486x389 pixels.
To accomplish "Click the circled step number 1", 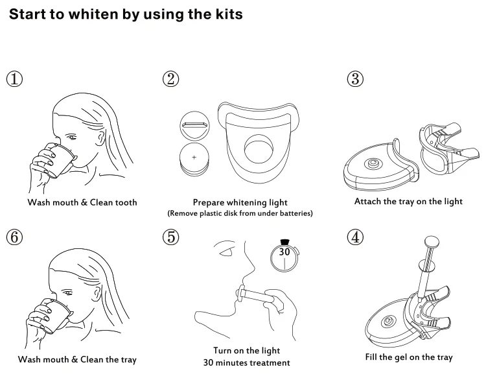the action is pos(14,79).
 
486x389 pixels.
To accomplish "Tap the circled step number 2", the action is pos(171,79).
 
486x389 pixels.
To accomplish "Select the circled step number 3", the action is pos(355,79).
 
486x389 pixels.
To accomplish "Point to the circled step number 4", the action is pos(355,237).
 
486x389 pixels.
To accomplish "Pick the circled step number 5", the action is pos(171,237).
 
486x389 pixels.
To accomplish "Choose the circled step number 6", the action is pos(14,237).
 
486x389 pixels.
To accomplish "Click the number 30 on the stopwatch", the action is pos(284,252).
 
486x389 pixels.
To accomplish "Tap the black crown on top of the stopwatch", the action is pos(284,242).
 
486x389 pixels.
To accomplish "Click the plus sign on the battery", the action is pos(194,158).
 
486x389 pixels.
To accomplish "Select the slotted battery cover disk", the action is pos(194,126).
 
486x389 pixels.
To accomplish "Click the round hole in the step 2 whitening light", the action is pos(259,149).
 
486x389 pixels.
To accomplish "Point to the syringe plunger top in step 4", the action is pos(432,241).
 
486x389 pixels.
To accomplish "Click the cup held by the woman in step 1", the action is pos(60,160).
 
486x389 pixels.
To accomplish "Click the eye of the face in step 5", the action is pos(226,252).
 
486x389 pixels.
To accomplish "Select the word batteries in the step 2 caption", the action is pos(296,213).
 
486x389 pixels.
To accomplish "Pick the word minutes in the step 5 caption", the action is pos(231,362).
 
